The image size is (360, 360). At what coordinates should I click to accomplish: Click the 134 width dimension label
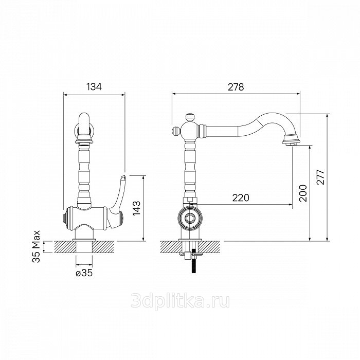(x=94, y=87)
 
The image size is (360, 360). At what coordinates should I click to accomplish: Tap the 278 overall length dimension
(x=236, y=87)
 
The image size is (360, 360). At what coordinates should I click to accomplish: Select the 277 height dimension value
(x=320, y=177)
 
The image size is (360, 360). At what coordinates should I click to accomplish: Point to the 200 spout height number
(x=303, y=193)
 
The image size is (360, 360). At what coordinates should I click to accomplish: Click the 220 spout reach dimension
(x=241, y=197)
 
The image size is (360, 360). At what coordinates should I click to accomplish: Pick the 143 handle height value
(x=137, y=208)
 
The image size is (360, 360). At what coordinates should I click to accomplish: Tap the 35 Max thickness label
(x=37, y=246)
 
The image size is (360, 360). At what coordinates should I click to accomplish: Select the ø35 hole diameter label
(x=84, y=273)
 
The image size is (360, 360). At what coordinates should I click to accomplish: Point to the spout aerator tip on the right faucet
(x=291, y=140)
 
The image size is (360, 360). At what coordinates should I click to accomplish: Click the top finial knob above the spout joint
(x=190, y=118)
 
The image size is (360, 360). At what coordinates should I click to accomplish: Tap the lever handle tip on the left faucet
(x=123, y=178)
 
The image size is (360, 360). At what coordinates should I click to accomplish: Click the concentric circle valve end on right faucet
(x=190, y=218)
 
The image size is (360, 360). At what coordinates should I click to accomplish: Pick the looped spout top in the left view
(x=84, y=123)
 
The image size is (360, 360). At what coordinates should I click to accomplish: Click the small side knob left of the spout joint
(x=176, y=131)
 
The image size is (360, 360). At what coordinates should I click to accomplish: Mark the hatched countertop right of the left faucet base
(x=103, y=247)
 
